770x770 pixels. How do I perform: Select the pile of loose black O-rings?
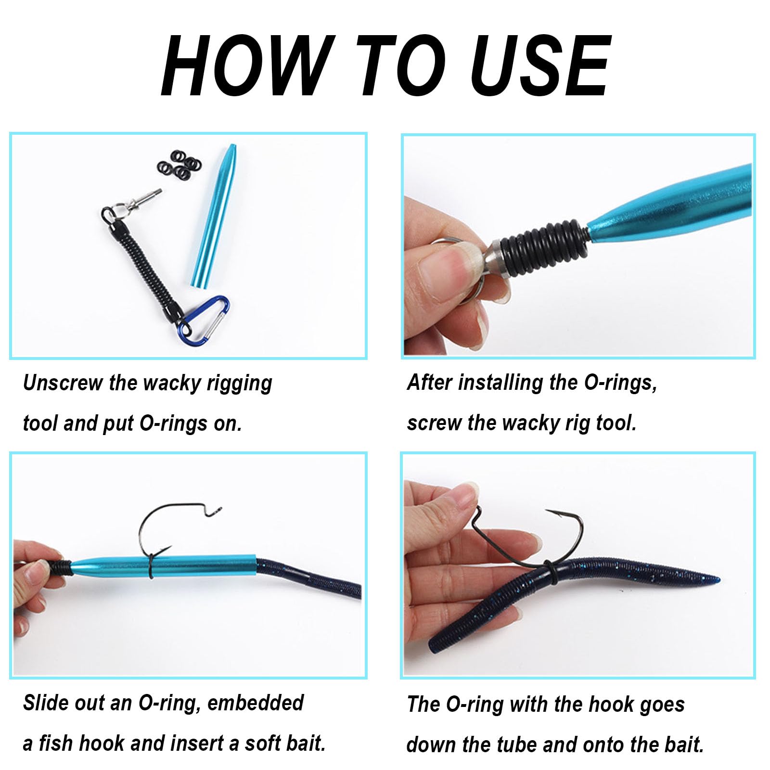click(x=179, y=165)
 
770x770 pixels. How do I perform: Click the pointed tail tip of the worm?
click(x=717, y=579)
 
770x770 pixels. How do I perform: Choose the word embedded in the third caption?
click(x=256, y=703)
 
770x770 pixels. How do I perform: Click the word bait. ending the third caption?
click(x=303, y=743)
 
